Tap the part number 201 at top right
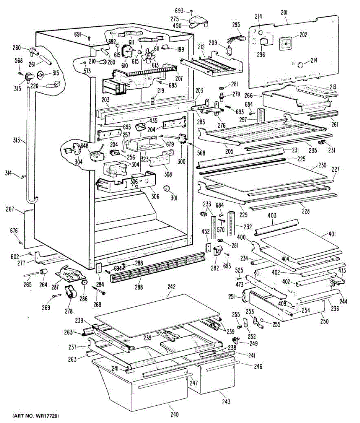point(284,13)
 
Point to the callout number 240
point(174,414)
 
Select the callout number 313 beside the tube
point(16,140)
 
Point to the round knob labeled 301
point(167,188)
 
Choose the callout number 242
point(171,287)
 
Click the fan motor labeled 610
point(127,51)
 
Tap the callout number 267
point(10,209)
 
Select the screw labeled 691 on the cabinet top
point(89,38)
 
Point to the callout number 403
point(272,215)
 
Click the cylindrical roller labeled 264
point(43,272)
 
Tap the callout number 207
point(179,78)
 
